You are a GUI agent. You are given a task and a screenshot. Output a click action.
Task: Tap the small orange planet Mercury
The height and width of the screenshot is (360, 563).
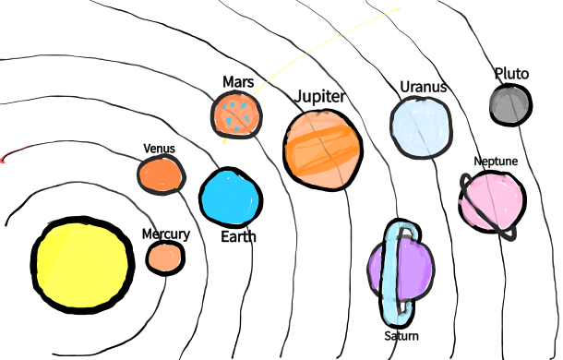(x=165, y=258)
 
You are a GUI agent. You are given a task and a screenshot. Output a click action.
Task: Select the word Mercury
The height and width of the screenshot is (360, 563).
(x=165, y=234)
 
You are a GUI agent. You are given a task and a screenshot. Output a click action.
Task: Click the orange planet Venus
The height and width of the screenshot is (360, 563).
(x=162, y=174)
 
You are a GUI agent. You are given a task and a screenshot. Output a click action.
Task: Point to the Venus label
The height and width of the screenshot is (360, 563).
(x=159, y=149)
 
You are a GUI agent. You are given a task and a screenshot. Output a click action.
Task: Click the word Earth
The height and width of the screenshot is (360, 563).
(x=238, y=236)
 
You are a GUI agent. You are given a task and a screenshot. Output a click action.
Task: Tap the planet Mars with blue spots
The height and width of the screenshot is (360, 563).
(x=237, y=114)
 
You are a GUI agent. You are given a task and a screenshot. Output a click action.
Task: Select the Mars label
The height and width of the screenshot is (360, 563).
(x=238, y=82)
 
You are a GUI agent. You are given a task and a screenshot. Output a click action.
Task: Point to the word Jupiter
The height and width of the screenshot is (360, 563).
(x=319, y=97)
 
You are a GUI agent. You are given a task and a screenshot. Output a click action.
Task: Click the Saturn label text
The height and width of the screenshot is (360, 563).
(x=401, y=335)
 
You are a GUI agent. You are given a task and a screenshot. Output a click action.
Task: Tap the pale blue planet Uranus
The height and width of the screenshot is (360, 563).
(x=421, y=127)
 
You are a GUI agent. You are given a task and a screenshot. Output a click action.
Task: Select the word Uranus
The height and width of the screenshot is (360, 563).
(x=423, y=88)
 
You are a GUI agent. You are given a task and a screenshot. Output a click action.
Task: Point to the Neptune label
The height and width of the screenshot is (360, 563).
(x=496, y=162)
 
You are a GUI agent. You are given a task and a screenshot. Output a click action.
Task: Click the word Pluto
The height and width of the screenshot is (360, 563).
(x=511, y=73)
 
